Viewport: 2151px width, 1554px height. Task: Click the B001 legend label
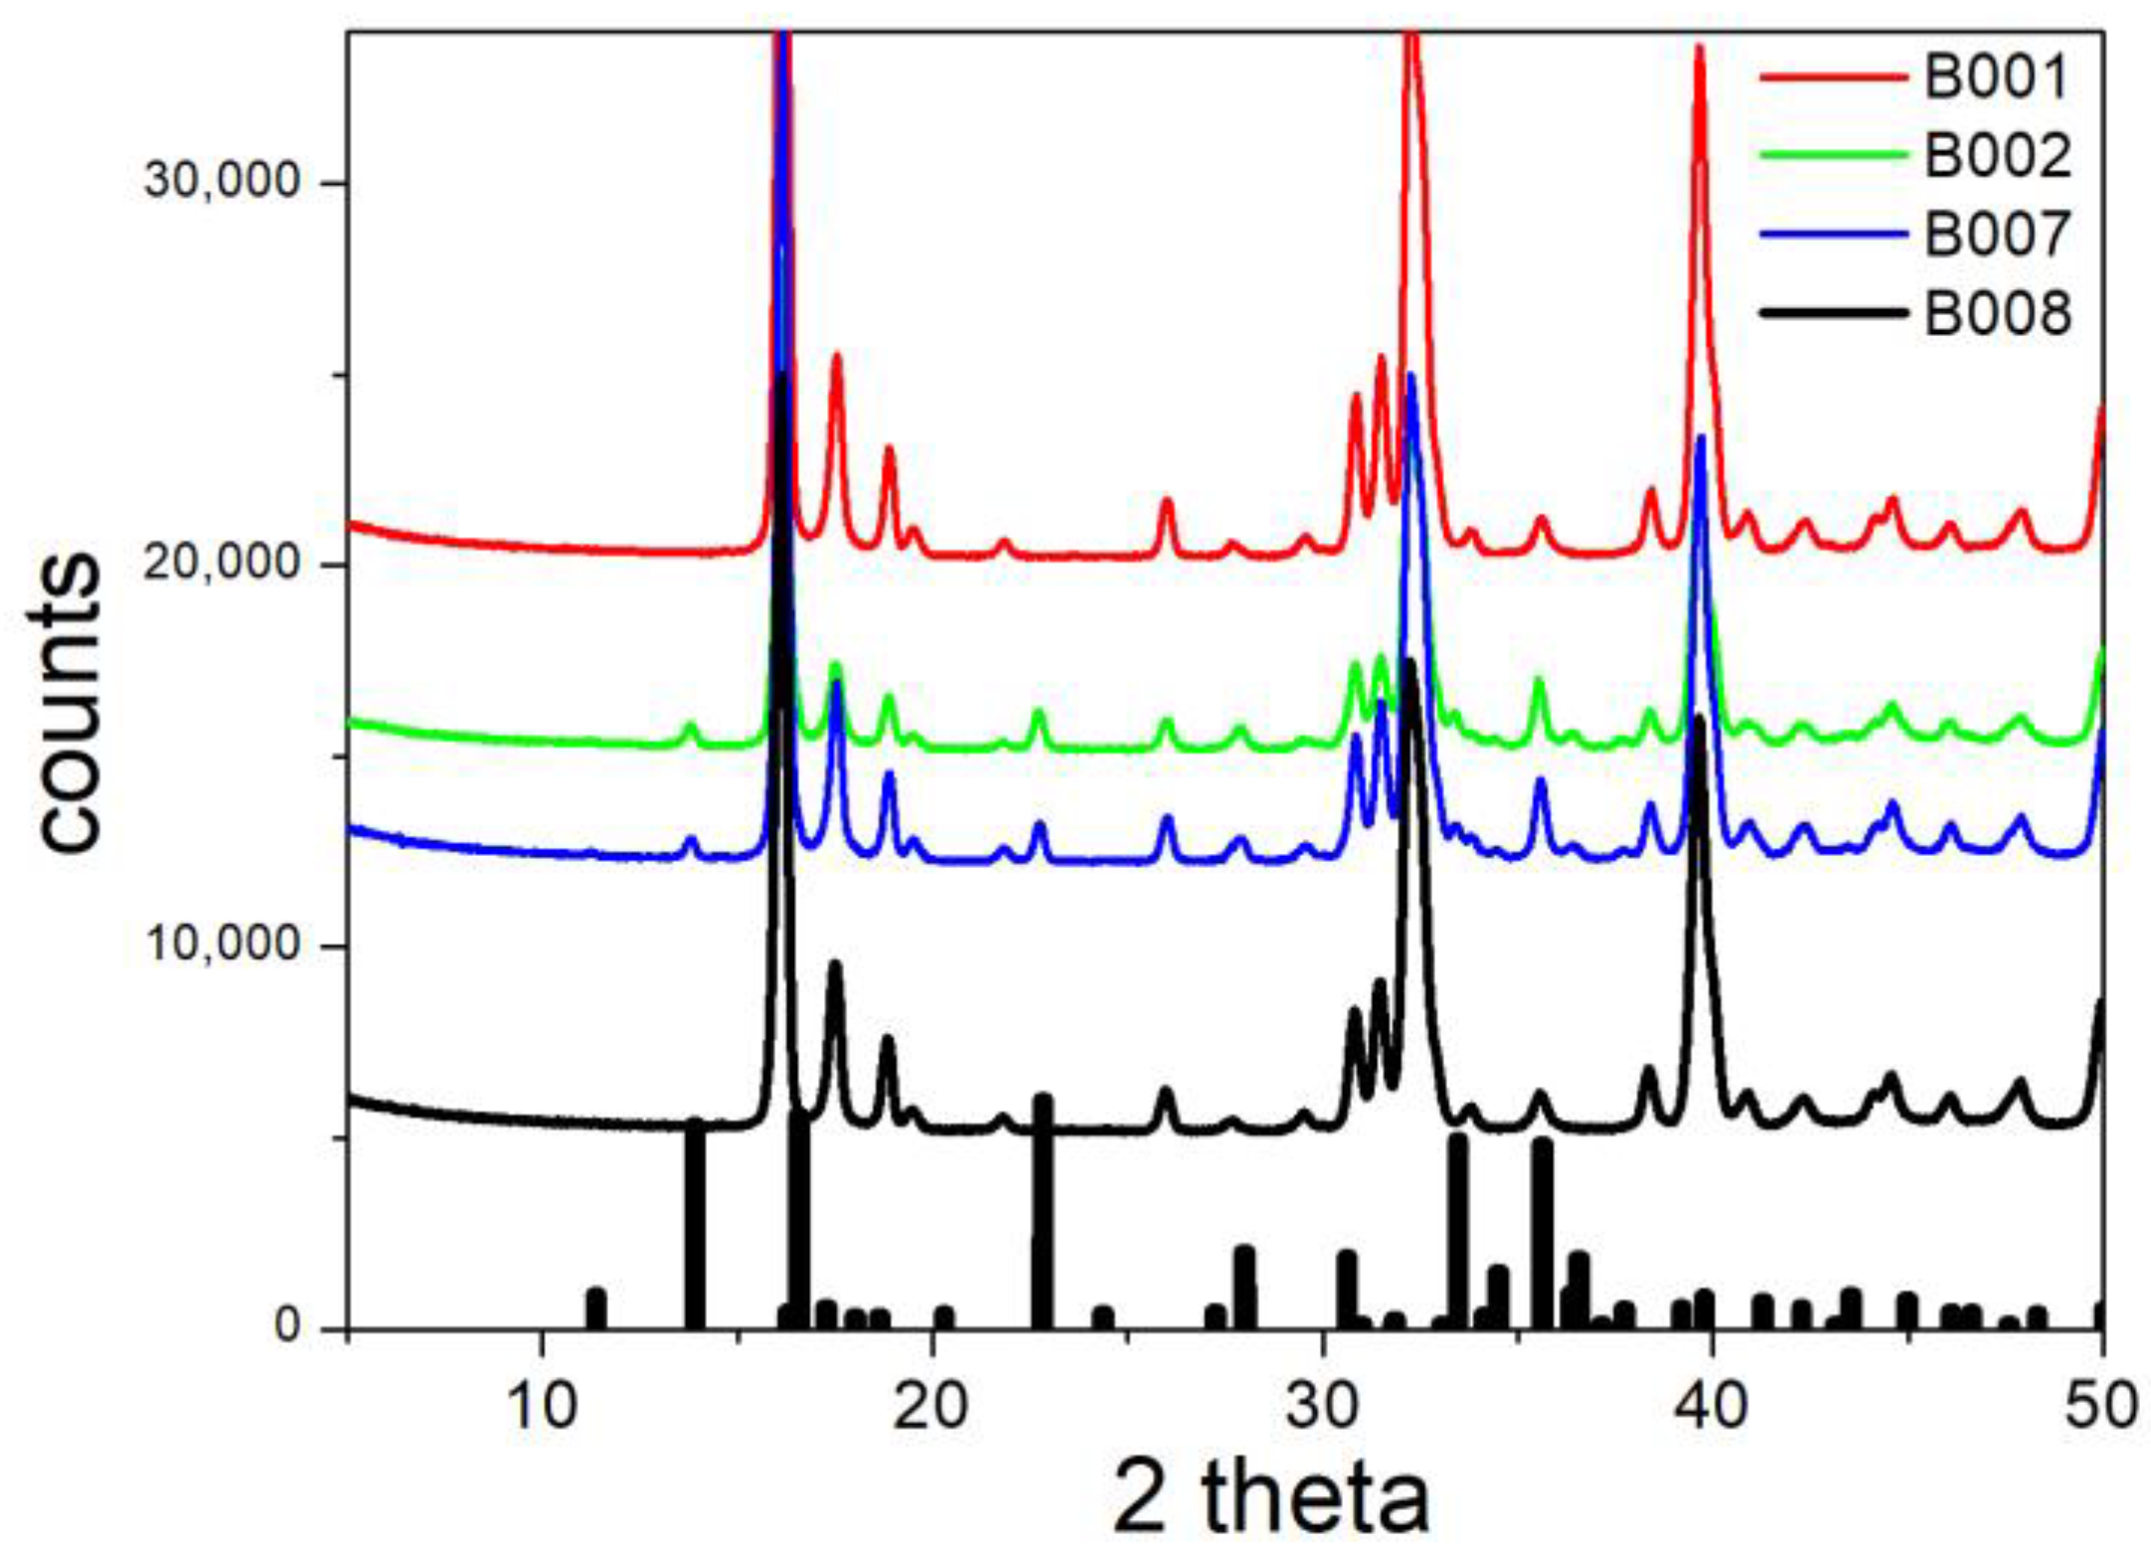point(1996,77)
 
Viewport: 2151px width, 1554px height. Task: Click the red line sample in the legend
point(1834,77)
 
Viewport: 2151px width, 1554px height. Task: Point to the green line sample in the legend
point(1834,156)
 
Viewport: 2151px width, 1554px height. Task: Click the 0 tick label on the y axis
point(288,1326)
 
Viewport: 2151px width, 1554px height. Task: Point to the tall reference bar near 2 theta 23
point(1042,1213)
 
